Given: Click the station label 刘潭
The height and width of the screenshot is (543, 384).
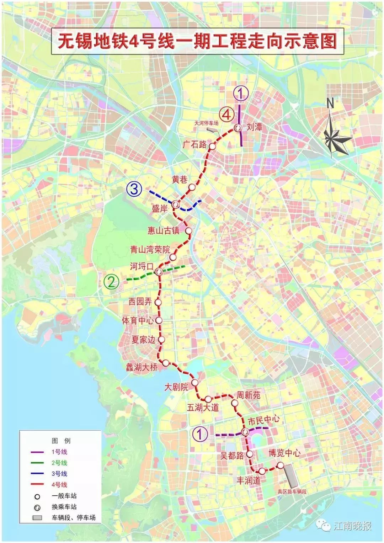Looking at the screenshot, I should click(255, 127).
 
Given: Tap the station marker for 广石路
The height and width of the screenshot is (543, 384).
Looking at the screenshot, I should click(212, 146).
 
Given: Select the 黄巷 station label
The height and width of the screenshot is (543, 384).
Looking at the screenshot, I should click(180, 180).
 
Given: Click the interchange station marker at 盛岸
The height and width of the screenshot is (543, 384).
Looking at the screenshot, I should click(176, 204).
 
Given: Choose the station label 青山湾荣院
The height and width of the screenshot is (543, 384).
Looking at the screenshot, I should click(150, 250).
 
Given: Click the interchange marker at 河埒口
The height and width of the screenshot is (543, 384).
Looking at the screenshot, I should click(159, 272).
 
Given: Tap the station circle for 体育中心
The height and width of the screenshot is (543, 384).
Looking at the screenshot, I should click(159, 320).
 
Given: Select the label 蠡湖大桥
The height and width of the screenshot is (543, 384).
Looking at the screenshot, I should click(142, 367).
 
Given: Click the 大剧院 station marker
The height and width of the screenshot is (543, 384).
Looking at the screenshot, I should click(195, 383).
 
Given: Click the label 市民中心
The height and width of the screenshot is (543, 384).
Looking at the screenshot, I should click(263, 421).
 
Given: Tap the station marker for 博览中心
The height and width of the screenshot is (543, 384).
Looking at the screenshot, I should click(281, 465).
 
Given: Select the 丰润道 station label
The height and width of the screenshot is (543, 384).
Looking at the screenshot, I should click(249, 480).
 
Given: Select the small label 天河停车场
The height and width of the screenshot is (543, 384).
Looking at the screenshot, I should click(206, 123).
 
